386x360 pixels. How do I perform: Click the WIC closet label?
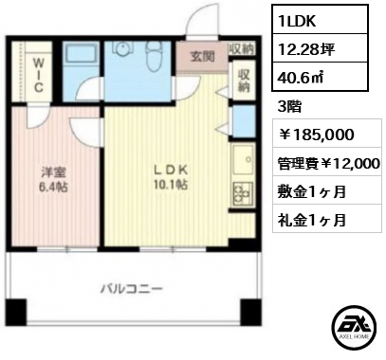[38, 76]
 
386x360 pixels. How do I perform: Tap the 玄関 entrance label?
[202, 57]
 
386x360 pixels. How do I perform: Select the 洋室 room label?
[53, 172]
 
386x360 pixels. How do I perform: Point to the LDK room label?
[171, 170]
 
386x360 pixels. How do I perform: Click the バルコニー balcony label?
[132, 288]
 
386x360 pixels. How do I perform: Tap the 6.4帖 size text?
[53, 188]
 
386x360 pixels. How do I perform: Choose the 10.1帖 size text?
[171, 184]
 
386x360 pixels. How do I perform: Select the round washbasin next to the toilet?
[122, 48]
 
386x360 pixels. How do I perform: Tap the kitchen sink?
[243, 159]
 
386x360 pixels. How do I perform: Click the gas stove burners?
[243, 193]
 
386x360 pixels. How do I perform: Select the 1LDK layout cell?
[320, 19]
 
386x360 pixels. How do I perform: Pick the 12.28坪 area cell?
[320, 48]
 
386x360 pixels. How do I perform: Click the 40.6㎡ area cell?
[320, 77]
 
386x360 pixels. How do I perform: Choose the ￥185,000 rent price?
[316, 135]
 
